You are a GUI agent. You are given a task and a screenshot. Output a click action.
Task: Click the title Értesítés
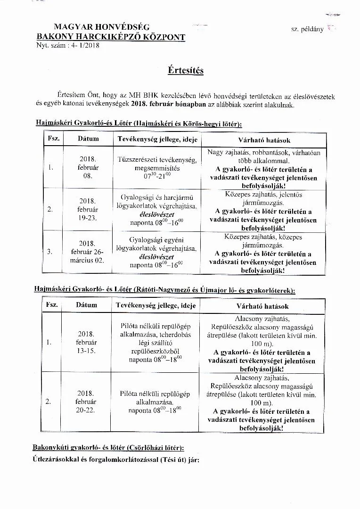(186, 71)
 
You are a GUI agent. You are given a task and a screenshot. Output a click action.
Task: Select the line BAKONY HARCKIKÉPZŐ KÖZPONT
(111, 37)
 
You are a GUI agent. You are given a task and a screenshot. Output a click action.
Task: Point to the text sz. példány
(307, 29)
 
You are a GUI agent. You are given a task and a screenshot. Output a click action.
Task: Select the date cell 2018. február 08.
(87, 167)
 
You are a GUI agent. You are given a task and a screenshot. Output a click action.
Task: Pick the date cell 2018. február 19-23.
(87, 209)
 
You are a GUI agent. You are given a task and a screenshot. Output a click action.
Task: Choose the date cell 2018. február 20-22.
(86, 402)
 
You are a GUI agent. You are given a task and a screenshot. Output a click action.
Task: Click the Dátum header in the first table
(88, 139)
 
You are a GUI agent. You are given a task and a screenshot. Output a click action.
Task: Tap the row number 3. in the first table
(49, 252)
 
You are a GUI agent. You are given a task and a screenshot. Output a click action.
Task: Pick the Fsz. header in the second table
(51, 305)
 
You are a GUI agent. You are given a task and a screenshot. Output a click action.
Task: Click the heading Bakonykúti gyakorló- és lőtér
(108, 447)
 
